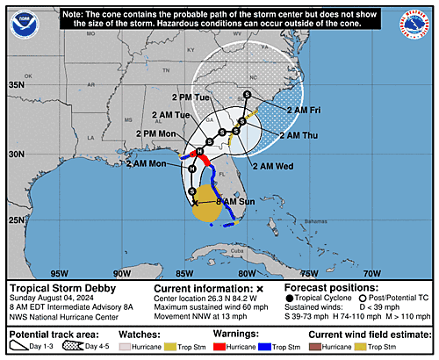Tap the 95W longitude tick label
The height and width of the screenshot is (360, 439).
pos(59,273)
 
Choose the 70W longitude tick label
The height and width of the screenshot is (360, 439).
pos(371,273)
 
